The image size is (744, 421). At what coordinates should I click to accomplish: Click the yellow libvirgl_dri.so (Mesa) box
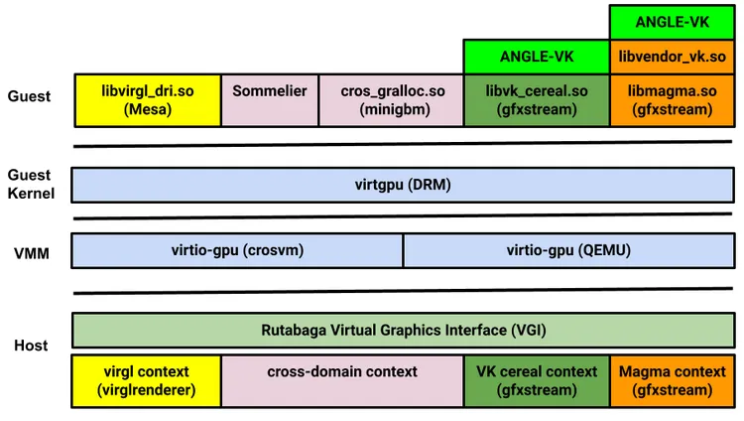[147, 99]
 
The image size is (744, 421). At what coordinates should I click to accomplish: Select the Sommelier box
[270, 99]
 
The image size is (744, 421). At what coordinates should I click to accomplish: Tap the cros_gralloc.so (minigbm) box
[392, 99]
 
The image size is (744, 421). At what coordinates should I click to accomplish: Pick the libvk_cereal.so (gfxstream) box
[537, 99]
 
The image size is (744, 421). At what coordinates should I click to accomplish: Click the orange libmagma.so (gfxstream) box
[672, 99]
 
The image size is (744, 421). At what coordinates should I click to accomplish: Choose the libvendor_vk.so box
[672, 57]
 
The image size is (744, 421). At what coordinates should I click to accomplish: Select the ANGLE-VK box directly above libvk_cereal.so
[537, 57]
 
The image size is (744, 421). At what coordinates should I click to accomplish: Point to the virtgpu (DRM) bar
[402, 184]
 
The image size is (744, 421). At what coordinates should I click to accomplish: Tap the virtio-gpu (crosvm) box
[237, 250]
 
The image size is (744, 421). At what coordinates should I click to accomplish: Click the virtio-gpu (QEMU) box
[568, 250]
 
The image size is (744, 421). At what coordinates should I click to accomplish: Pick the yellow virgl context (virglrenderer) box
[147, 381]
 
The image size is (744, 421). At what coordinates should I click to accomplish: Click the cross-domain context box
[342, 381]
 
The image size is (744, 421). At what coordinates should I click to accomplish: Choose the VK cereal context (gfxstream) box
[537, 381]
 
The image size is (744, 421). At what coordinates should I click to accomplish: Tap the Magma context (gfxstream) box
[672, 381]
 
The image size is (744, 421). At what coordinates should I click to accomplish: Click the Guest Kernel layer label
[31, 184]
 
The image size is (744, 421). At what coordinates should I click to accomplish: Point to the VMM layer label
[31, 254]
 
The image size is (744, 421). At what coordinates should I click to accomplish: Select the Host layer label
[31, 346]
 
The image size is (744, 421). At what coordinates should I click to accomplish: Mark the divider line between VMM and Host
[402, 292]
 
